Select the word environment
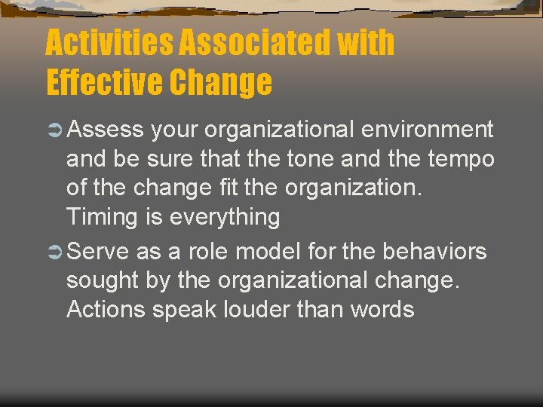click(428, 130)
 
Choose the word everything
click(225, 218)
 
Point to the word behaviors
click(435, 251)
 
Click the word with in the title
click(366, 43)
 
